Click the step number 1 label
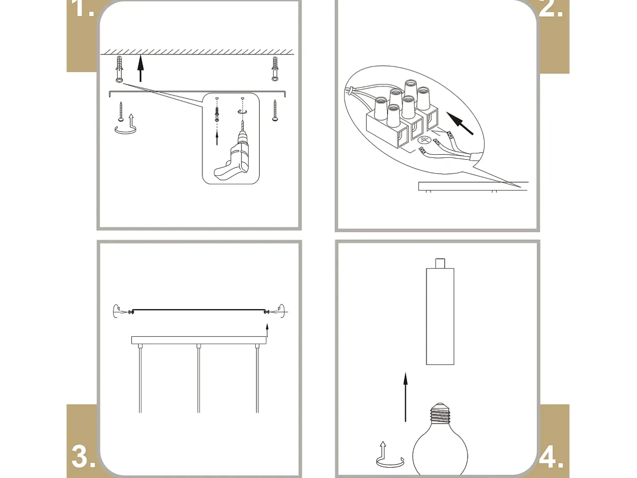tap(84, 9)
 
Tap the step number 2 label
tap(550, 9)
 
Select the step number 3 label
tap(83, 456)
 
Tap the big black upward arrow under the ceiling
tap(140, 68)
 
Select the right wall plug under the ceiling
tap(275, 69)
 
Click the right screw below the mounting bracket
tap(275, 110)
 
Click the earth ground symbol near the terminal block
tap(424, 140)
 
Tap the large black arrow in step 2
tap(460, 124)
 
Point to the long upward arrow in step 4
tap(406, 397)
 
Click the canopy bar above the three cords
tap(199, 340)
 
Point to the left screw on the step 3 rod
tap(131, 312)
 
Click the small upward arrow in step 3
tap(267, 330)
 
